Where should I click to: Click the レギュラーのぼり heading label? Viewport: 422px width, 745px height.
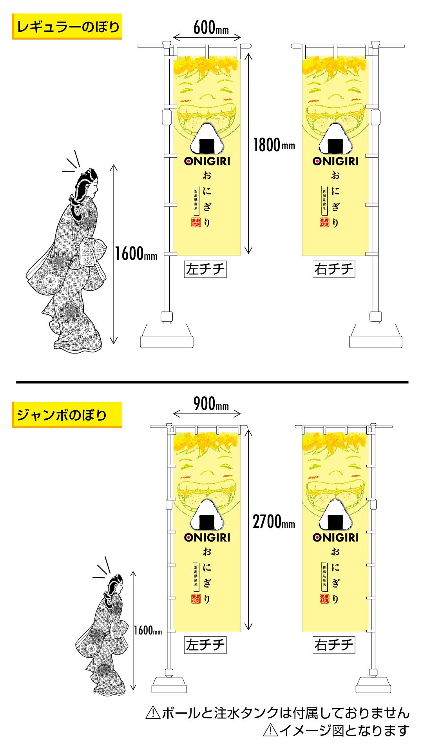pos(67,27)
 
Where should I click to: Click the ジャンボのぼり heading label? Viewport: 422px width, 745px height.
pos(67,415)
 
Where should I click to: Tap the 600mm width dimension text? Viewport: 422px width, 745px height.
pos(211,28)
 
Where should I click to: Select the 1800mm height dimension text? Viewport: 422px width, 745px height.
pos(273,145)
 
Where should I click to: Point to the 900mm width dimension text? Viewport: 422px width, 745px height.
pos(211,403)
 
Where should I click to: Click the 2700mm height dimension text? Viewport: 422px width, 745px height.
pos(273,522)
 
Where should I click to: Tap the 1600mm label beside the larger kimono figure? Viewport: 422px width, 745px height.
pos(136,255)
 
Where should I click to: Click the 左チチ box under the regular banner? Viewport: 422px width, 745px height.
pos(205,269)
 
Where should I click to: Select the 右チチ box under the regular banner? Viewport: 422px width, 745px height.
pos(334,269)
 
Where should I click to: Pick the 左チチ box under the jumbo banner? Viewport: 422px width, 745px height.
pos(205,645)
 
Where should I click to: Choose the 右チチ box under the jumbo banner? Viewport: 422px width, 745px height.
pos(334,645)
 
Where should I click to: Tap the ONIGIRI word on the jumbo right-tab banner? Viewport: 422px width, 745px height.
pos(336,537)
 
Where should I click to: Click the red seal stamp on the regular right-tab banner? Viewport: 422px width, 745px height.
pos(324,222)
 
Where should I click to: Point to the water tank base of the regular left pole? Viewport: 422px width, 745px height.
pos(167,335)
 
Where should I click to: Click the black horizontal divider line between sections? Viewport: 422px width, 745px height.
pos(212,382)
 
